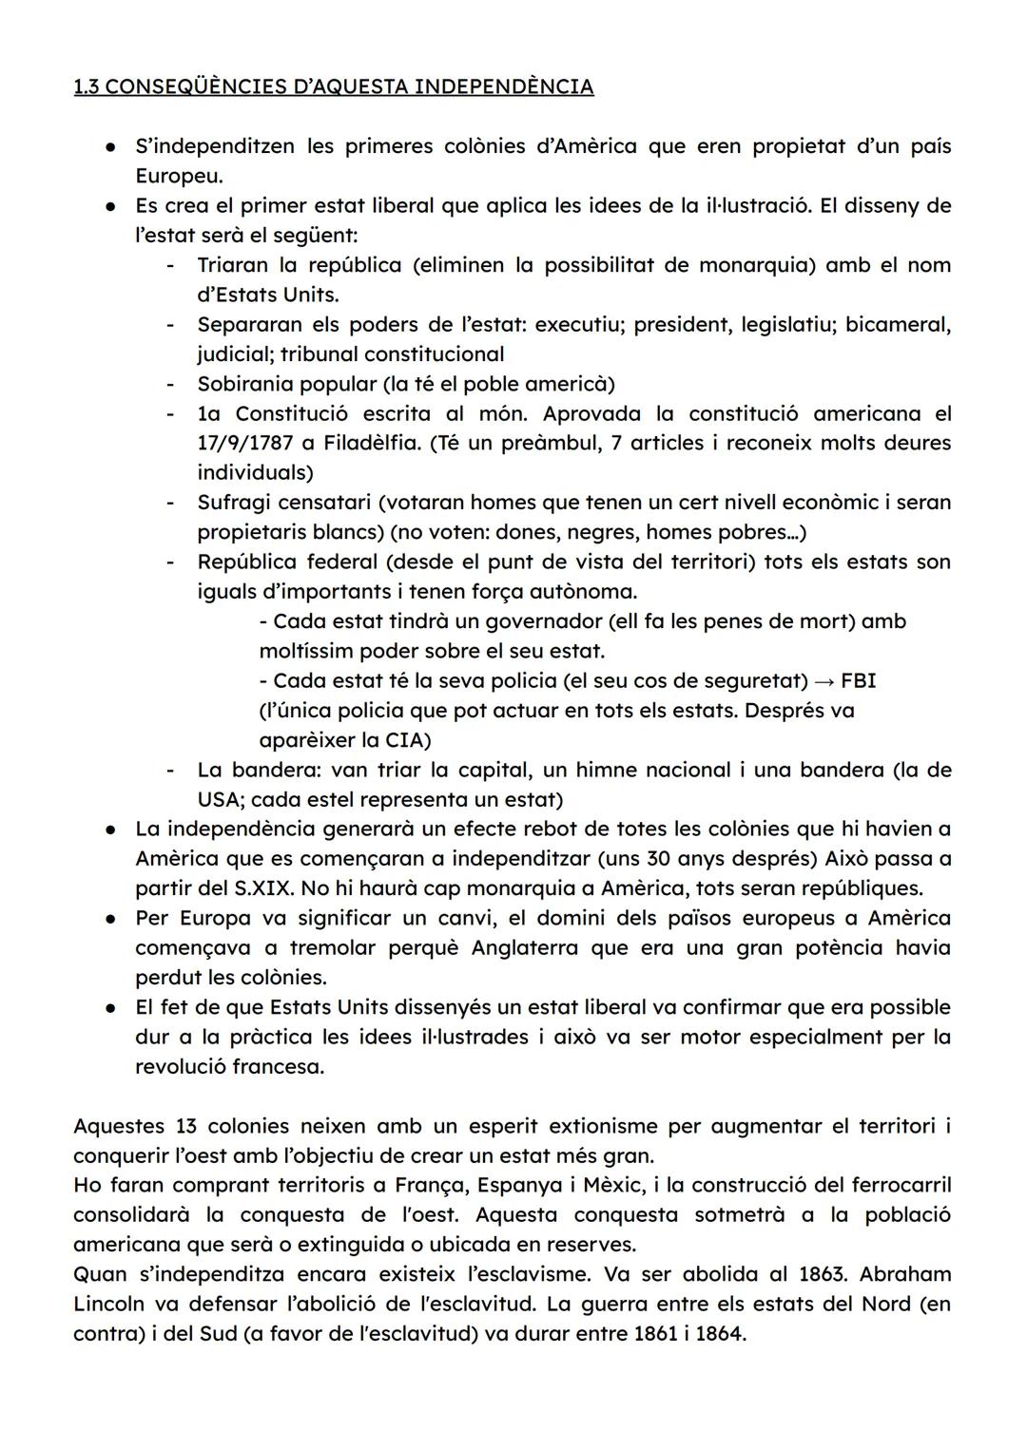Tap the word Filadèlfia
point(371,443)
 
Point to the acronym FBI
point(859,680)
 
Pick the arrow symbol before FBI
point(824,680)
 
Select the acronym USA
point(220,799)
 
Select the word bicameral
point(897,324)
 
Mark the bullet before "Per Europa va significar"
point(112,919)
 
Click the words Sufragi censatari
point(279,502)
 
